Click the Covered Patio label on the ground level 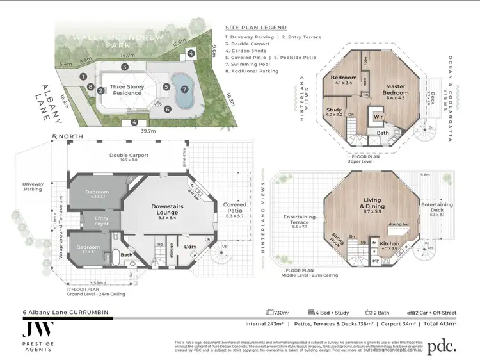click(235, 208)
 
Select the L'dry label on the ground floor click(190, 246)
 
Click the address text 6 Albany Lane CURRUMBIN click(65, 313)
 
